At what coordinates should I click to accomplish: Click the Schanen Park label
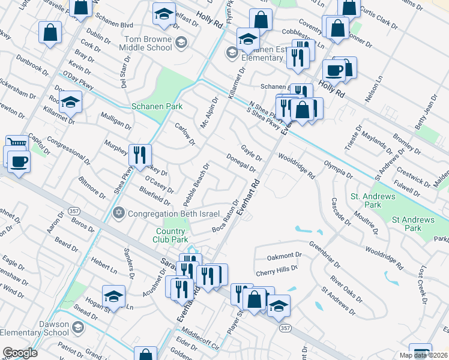tap(157, 106)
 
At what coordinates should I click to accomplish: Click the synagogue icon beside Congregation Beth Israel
tap(119, 214)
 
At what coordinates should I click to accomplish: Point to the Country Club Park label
tap(172, 236)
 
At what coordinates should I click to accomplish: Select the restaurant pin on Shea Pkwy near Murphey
tap(139, 155)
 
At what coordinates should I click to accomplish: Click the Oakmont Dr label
tap(285, 257)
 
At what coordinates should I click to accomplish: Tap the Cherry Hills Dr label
tap(278, 271)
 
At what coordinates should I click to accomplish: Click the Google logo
tap(20, 353)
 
